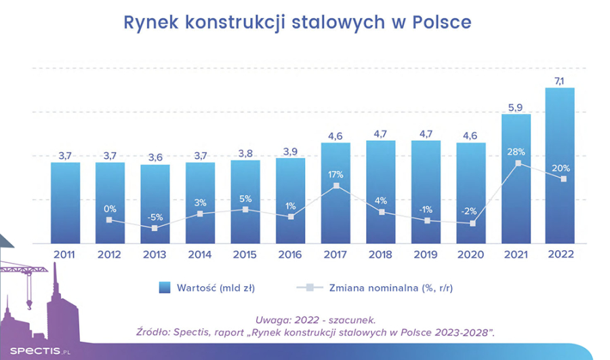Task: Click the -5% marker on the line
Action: tap(155, 228)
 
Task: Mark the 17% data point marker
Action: tap(335, 186)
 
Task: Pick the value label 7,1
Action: tap(560, 81)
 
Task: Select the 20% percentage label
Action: tap(561, 168)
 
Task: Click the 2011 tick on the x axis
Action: tap(65, 255)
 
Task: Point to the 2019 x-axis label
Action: tap(426, 255)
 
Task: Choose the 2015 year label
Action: tap(245, 255)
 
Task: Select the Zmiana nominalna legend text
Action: tap(394, 287)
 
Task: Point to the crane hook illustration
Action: tap(28, 298)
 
